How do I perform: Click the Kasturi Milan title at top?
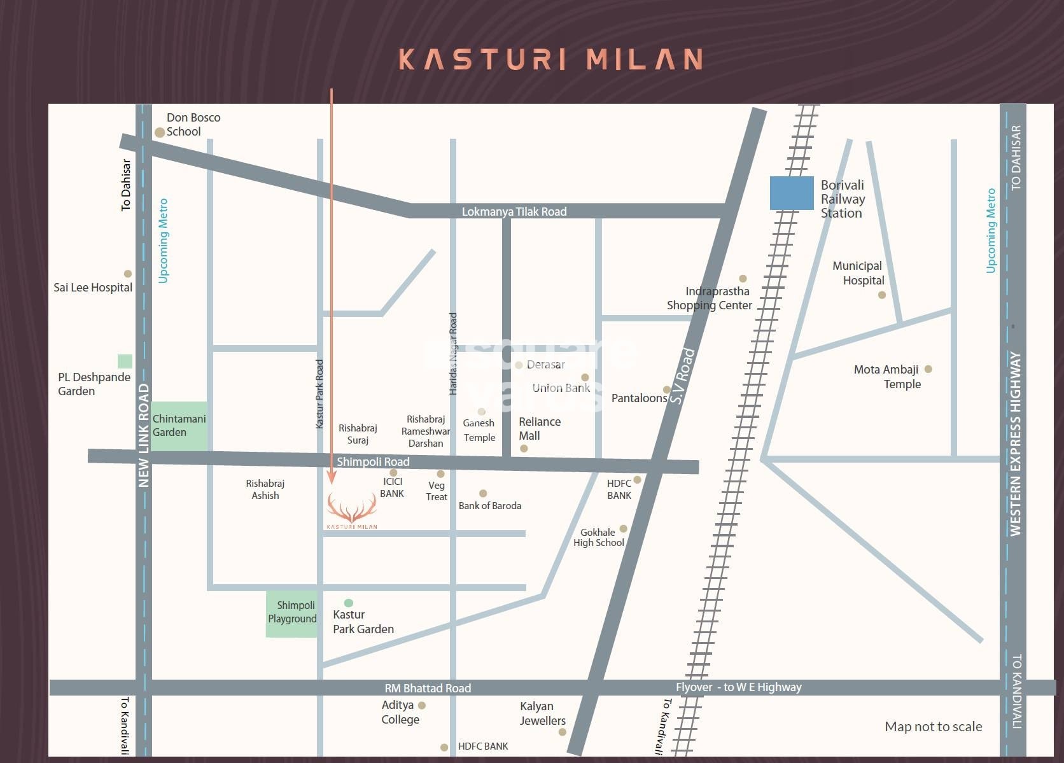point(550,59)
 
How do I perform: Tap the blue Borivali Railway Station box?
point(792,193)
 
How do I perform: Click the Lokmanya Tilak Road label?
point(514,211)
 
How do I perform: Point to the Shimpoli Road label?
point(373,461)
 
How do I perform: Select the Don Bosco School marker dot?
point(160,132)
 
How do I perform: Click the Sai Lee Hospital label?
point(93,287)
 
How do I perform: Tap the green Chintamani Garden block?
point(179,426)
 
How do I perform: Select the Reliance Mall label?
point(539,428)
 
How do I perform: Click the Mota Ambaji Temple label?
point(887,377)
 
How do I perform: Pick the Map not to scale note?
point(933,726)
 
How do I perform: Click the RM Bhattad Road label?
point(428,688)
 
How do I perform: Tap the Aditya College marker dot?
point(421,705)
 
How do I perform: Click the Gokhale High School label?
point(598,537)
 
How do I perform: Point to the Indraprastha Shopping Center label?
point(710,298)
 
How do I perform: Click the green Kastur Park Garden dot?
point(348,603)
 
